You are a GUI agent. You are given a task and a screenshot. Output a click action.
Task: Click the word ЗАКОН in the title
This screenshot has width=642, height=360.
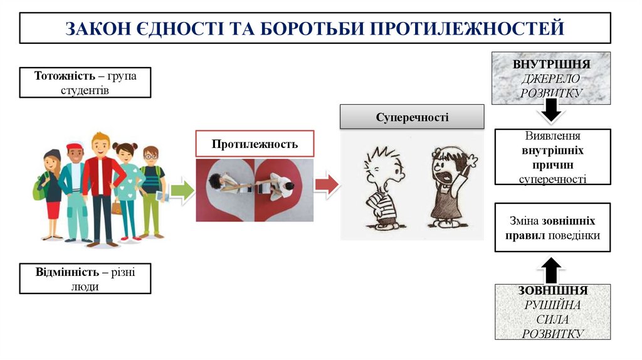pos(95,28)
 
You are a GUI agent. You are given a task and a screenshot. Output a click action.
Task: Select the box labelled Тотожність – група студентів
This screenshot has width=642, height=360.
pos(85,82)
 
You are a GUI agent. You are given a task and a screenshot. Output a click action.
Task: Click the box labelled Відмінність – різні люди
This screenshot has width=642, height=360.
pos(85,278)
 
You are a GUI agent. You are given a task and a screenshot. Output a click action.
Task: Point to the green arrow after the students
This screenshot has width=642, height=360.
pos(182,190)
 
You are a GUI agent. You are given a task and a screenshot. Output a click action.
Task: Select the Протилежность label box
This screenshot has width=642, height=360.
pos(254,144)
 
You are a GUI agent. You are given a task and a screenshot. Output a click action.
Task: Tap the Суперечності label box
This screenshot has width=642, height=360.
pos(412,117)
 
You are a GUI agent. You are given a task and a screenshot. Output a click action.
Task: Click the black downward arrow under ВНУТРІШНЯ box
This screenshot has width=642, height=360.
pos(550,113)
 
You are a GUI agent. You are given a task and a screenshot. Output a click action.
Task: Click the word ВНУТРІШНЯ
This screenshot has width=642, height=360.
pos(551,65)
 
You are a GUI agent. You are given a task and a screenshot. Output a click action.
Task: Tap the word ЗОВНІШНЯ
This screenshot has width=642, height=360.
pos(552,291)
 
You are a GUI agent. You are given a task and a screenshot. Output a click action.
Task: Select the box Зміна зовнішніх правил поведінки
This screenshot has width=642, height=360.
pos(552,228)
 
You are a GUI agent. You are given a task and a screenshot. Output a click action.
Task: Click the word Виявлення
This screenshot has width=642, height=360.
pos(552,136)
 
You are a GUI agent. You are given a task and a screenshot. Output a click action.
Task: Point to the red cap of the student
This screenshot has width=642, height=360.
pos(75,147)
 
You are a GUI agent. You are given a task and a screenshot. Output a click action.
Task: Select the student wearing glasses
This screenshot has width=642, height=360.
pos(151,188)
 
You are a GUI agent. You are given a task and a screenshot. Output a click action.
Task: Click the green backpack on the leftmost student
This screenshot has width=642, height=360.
pos(39,188)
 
